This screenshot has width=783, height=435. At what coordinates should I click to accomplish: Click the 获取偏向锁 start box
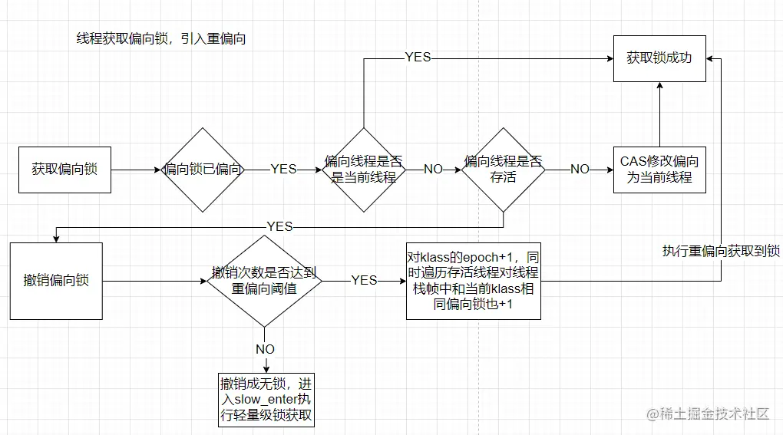coord(64,170)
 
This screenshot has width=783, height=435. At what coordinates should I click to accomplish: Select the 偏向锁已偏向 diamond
coord(203,170)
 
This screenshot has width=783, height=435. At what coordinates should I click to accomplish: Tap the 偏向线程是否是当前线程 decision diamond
coord(362,170)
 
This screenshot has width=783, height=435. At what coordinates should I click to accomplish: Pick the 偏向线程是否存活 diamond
coord(503,170)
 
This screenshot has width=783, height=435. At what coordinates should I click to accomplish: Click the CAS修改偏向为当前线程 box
coord(659,170)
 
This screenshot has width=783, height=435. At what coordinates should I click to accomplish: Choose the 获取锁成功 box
coord(659,58)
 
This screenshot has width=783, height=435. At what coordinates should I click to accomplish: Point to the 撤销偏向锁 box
coord(56,281)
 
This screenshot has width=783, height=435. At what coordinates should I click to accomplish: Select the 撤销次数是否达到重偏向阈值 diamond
coord(264,281)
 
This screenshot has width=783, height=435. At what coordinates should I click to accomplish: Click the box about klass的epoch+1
coord(473,281)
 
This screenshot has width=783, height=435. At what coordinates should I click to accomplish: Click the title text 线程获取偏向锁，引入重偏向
coord(161,39)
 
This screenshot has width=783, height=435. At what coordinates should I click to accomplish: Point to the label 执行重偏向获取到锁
coord(721,252)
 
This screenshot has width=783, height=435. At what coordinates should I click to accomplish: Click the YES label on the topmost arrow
coord(418,58)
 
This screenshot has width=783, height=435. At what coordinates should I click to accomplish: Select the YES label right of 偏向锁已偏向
coord(283,170)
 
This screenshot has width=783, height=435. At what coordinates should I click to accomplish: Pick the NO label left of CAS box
coord(580,170)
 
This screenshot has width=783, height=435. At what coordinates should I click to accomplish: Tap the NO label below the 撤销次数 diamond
coord(265,348)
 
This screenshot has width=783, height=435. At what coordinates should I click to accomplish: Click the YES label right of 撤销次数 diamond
coord(364,281)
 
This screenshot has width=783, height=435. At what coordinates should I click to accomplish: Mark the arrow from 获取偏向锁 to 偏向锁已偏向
coord(135,170)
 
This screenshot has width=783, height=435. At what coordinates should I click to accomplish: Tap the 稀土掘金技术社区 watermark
coord(708,414)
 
